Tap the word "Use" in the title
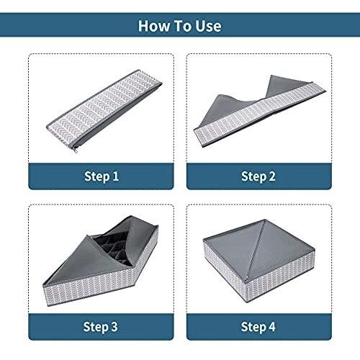208,26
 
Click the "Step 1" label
102,176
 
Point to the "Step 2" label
258,176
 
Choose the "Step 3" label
100,327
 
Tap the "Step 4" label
258,327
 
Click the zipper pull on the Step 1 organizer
76,150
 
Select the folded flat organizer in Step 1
104,111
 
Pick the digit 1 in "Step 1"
116,176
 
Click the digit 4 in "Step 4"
271,326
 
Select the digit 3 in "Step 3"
114,326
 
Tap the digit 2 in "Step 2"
272,176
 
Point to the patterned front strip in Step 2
260,114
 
